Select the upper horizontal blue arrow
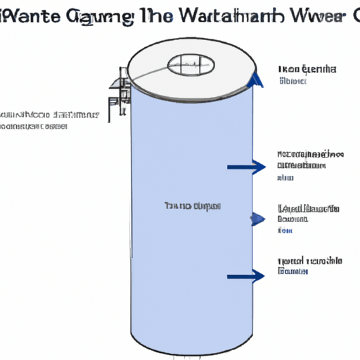pyautogui.click(x=246, y=167)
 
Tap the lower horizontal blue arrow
pyautogui.click(x=246, y=276)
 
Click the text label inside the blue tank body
pyautogui.click(x=192, y=206)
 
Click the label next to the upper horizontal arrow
pyautogui.click(x=309, y=165)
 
